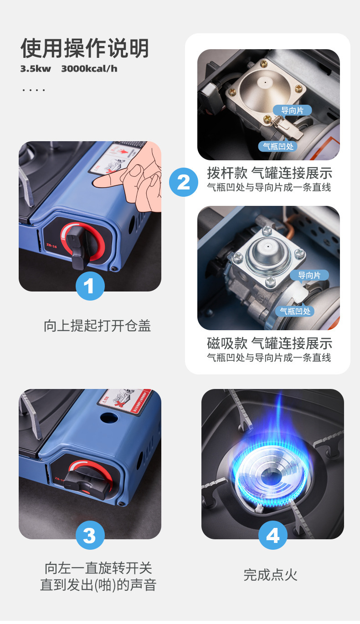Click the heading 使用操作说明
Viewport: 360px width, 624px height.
[85, 48]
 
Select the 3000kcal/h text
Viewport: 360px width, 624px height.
[89, 69]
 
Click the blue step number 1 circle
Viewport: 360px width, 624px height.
[90, 286]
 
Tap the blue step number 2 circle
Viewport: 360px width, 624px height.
[183, 182]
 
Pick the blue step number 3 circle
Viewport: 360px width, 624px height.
[90, 535]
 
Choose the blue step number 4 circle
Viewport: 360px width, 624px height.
[273, 535]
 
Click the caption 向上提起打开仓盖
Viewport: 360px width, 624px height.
[97, 326]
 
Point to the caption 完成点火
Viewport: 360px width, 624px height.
[270, 575]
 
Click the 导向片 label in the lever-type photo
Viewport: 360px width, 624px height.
[292, 110]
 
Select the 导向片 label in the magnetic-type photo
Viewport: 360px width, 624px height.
[309, 275]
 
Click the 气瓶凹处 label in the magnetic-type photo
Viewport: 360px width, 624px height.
[295, 311]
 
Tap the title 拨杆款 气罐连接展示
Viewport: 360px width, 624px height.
[269, 173]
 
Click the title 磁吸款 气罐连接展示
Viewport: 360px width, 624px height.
[269, 343]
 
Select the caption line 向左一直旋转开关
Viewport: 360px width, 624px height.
[98, 568]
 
